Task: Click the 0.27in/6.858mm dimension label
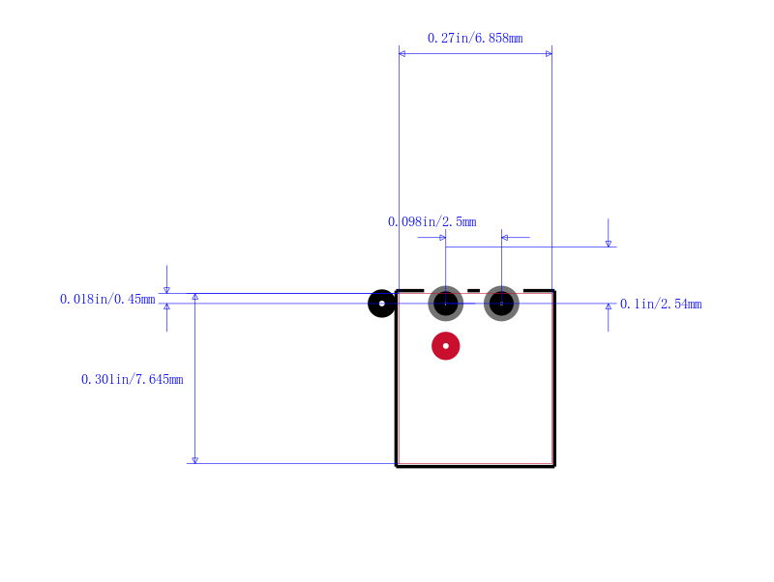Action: tap(475, 38)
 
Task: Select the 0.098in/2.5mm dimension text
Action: tap(432, 222)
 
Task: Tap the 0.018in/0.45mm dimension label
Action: tap(107, 299)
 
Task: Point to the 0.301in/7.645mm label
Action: tap(133, 379)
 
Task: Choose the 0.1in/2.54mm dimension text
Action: tap(661, 304)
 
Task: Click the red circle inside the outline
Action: tap(446, 346)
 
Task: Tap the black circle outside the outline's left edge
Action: tap(381, 304)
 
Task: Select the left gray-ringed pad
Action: tap(446, 304)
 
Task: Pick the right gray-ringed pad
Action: tap(501, 304)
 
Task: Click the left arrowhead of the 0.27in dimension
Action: tap(402, 54)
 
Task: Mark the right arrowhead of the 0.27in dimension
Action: tap(549, 54)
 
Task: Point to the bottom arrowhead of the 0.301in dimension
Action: tap(195, 460)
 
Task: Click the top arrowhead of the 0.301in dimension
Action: tap(195, 297)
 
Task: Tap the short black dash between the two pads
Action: tap(473, 290)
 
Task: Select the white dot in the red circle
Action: tap(446, 346)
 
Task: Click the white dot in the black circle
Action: tap(381, 304)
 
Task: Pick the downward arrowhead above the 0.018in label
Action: tap(166, 290)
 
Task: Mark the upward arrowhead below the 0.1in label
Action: tap(609, 306)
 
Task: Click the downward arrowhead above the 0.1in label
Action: tap(609, 244)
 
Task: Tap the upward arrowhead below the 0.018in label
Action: tap(166, 306)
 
